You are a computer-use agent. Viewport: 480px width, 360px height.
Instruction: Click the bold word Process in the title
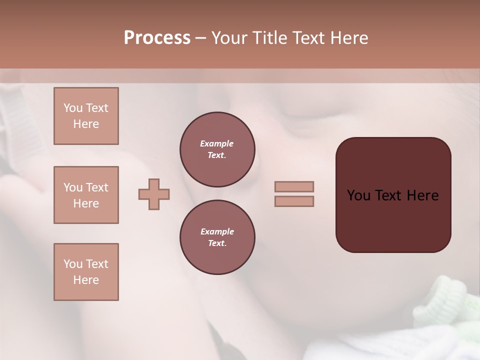157,38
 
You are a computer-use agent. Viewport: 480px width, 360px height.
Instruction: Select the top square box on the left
86,116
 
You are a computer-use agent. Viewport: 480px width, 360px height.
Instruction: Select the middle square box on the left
86,195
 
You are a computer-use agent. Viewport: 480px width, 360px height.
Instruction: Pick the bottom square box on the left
86,272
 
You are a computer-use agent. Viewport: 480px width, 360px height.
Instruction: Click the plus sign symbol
154,194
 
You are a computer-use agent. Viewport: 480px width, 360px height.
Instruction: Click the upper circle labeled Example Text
217,149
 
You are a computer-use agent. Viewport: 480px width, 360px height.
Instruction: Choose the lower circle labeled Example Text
217,237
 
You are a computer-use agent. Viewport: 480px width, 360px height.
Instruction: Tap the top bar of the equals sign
294,186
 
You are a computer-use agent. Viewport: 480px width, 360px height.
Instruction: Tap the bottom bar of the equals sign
294,201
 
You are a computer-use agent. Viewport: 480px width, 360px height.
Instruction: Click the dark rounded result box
393,220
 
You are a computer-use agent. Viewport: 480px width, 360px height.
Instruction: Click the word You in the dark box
358,195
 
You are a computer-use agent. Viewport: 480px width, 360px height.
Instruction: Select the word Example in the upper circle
217,143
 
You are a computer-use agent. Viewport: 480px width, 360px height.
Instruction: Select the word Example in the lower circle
217,231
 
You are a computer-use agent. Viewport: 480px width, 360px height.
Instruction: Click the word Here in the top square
86,124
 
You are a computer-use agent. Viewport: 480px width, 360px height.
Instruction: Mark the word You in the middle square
73,187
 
